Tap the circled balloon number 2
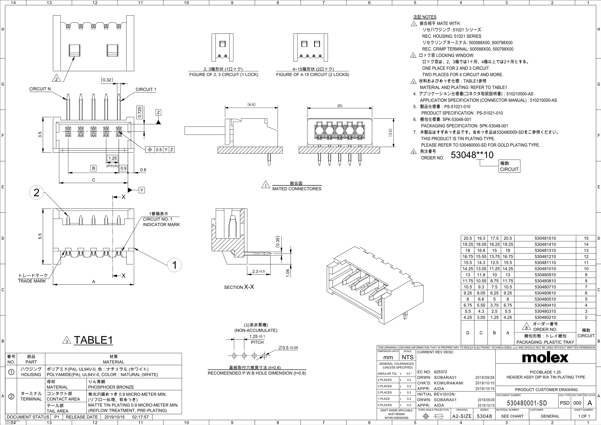click(x=36, y=193)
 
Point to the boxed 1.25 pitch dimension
click(x=113, y=158)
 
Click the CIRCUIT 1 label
click(x=146, y=89)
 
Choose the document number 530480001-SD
click(x=527, y=403)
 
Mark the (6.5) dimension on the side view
click(x=251, y=104)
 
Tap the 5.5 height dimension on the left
click(x=40, y=236)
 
